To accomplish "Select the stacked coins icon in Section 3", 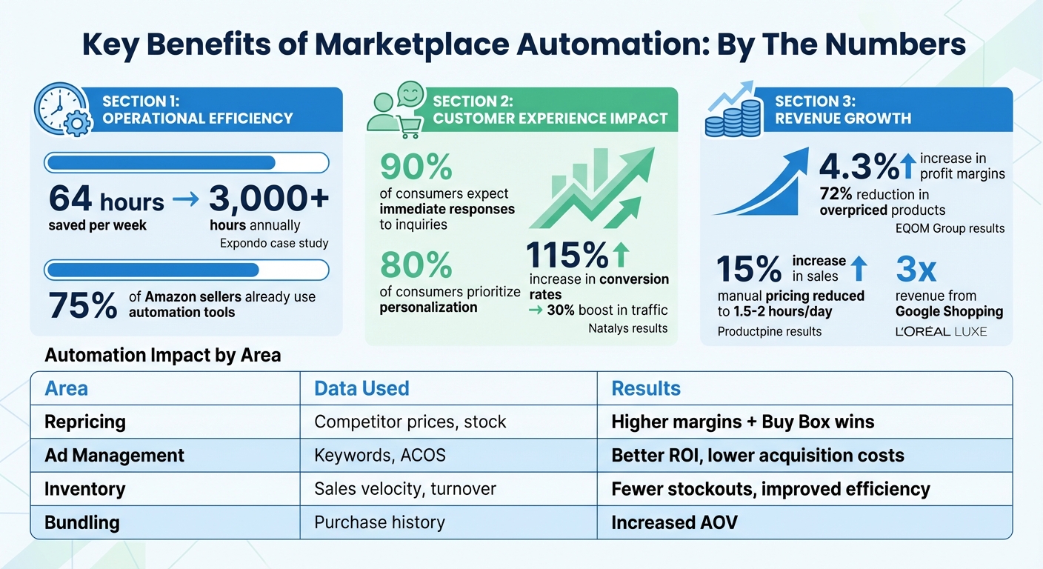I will pos(733,114).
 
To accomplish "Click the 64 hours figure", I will pos(106,200).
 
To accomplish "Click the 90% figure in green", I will pos(416,168).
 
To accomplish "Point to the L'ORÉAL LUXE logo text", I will pos(941,331).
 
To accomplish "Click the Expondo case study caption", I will pos(274,243).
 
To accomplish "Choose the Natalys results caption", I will pos(628,328).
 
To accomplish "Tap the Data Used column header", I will pos(361,388).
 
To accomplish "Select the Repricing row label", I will pos(85,422).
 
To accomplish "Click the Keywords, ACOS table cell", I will pos(380,455).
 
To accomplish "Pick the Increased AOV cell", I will pos(674,522).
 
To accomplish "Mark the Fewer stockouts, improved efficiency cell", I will pos(770,489).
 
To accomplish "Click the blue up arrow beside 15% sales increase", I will pos(859,268).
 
